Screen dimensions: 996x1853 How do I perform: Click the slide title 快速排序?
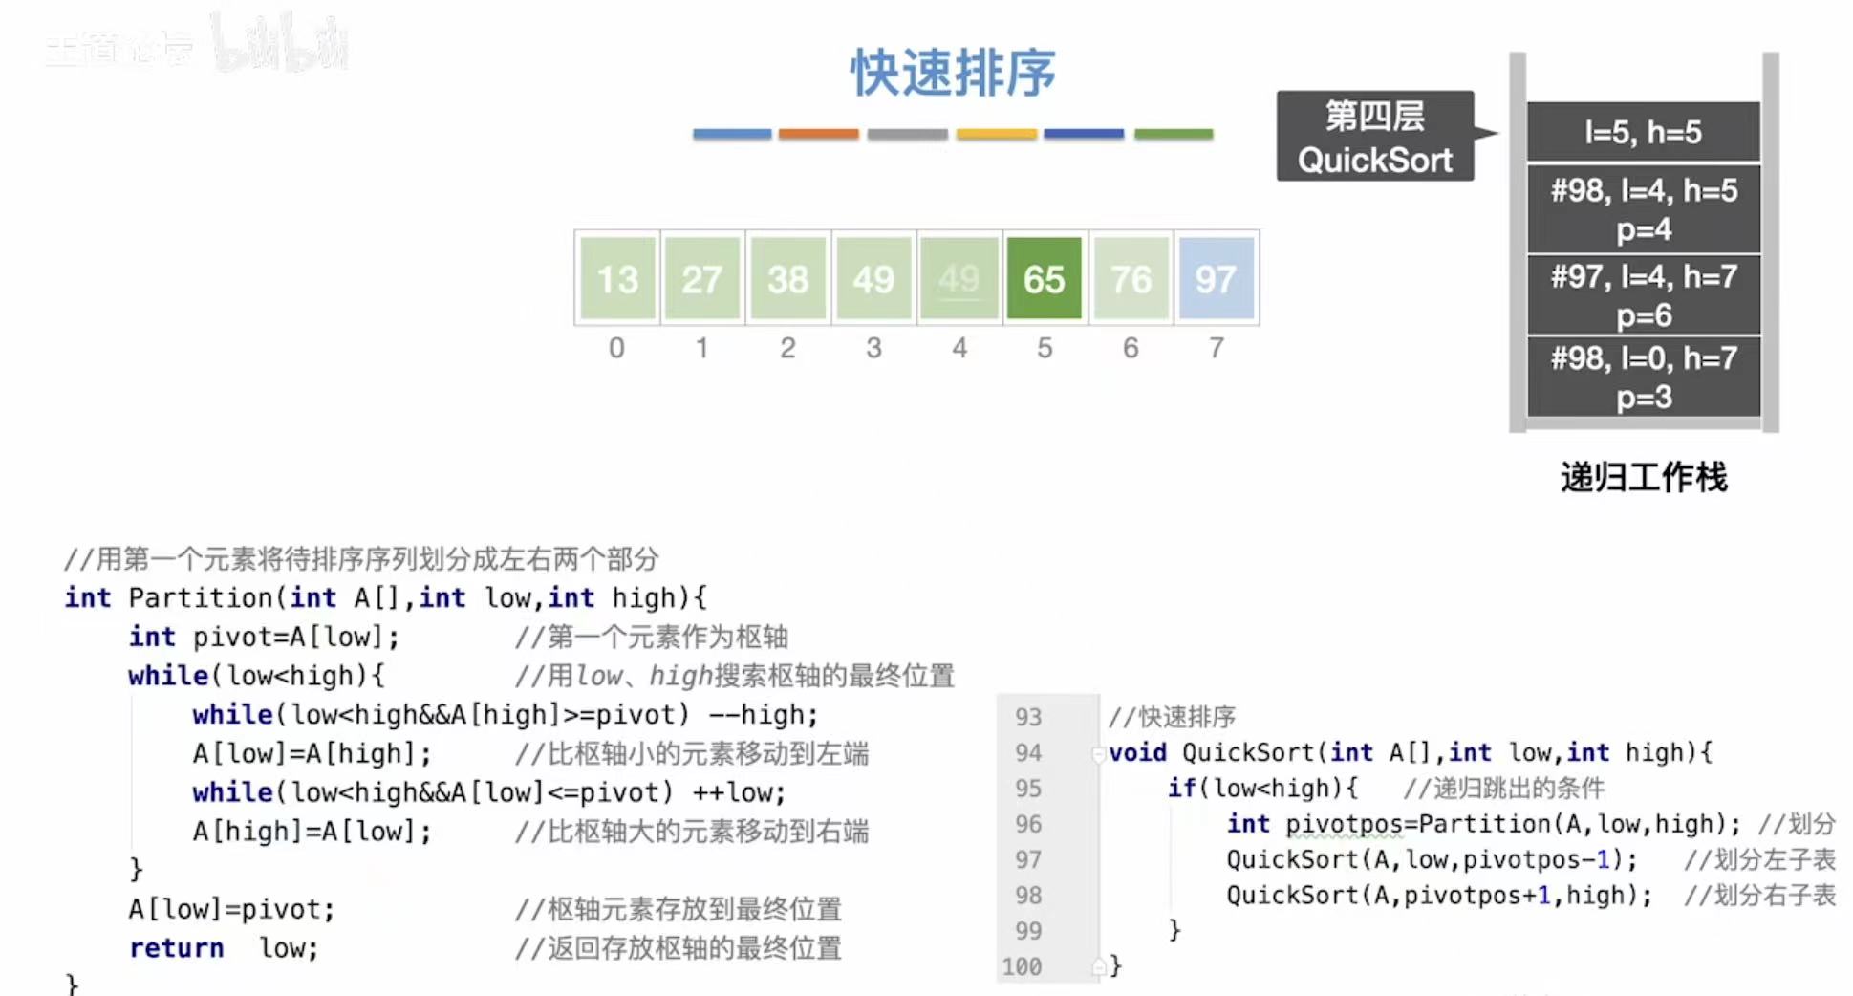tap(953, 73)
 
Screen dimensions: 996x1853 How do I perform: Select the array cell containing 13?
tap(617, 278)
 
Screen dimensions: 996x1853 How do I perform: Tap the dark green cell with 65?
tap(1044, 278)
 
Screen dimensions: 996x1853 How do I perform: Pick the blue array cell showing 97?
tap(1216, 278)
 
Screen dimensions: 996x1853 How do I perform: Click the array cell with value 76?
tap(1131, 278)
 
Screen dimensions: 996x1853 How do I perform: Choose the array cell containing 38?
tap(787, 278)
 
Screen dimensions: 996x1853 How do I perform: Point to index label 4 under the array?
tap(959, 348)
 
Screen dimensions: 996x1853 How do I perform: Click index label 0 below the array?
tap(616, 348)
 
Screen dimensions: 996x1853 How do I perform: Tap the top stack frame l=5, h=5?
tap(1643, 132)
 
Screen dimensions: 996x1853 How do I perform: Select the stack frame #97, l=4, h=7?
tap(1643, 294)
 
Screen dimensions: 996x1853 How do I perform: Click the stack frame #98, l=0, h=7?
tap(1643, 377)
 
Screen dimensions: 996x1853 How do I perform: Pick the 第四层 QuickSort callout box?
tap(1374, 137)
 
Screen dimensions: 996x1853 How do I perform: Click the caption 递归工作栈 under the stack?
tap(1643, 477)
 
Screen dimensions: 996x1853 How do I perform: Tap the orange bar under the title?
tap(818, 135)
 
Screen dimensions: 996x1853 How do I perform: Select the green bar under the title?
tap(1174, 135)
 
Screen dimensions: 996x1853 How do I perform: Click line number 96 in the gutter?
tap(1028, 824)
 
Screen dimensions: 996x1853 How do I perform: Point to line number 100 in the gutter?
tap(1022, 966)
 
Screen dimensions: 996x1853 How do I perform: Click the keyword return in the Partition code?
tap(177, 948)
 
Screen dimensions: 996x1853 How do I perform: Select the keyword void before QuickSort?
tap(1137, 753)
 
